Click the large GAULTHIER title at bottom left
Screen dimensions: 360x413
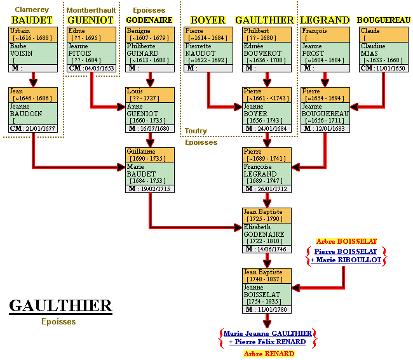(60, 306)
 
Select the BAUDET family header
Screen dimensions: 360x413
(31, 20)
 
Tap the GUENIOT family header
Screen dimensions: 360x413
(90, 20)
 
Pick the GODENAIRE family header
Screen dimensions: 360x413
(149, 20)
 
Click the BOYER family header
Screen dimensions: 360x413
(208, 20)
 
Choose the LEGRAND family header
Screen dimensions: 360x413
(325, 20)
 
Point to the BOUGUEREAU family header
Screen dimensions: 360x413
(383, 20)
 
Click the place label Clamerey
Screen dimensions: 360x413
(31, 10)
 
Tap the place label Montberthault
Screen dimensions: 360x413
(91, 10)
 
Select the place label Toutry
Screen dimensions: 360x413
(196, 131)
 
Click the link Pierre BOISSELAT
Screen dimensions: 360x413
(346, 251)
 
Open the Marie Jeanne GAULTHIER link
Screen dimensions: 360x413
(267, 333)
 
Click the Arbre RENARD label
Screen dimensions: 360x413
(269, 354)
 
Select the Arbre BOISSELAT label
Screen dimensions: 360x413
(346, 241)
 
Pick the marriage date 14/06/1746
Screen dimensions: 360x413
(272, 249)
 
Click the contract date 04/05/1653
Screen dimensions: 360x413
(98, 68)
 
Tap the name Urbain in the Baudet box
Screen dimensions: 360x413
(20, 31)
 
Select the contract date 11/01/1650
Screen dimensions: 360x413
(390, 68)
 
